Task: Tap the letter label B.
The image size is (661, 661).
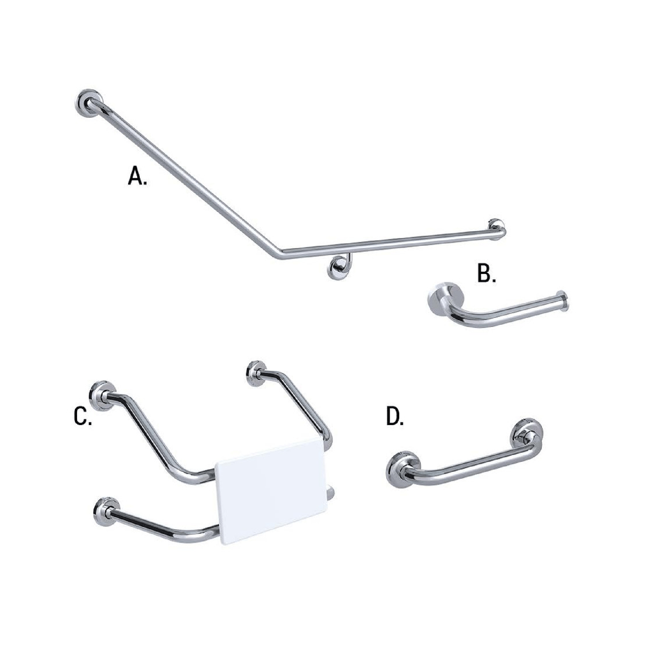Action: tap(486, 274)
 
